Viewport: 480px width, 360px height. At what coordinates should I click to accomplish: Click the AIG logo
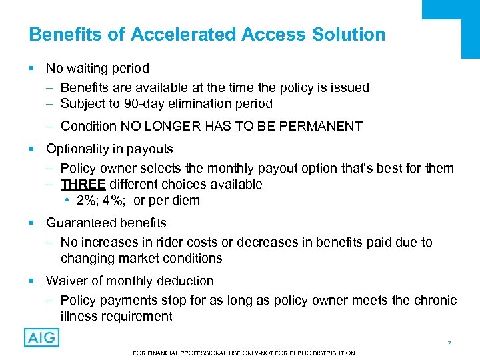41,337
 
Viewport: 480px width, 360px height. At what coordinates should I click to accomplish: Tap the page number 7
449,343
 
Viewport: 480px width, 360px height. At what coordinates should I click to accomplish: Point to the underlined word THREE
83,184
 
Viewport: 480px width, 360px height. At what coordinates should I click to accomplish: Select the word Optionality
79,149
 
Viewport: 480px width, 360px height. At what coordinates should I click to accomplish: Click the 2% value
87,201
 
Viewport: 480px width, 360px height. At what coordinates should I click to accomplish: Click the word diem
185,201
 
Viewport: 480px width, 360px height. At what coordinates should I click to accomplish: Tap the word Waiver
66,281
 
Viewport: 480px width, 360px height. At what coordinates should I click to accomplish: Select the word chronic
434,300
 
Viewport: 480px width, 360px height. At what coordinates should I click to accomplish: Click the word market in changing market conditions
139,258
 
